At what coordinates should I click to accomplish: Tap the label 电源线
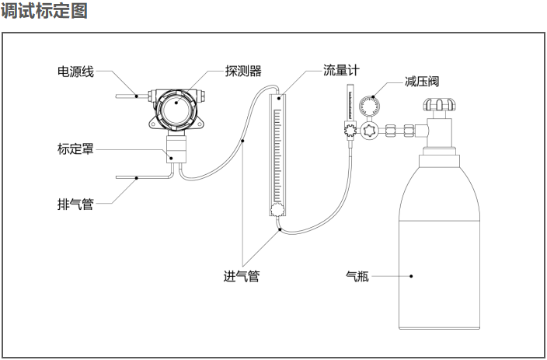[x=75, y=72]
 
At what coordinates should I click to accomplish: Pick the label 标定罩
[x=75, y=149]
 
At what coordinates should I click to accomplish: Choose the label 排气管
[x=75, y=204]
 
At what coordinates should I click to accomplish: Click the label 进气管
[x=241, y=276]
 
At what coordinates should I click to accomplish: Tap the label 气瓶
[x=357, y=274]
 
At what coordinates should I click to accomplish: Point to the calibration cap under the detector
[x=178, y=148]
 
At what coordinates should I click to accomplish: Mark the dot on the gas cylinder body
[x=413, y=274]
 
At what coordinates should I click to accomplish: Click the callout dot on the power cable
[x=137, y=96]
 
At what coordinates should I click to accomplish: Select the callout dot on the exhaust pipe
[x=137, y=178]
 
